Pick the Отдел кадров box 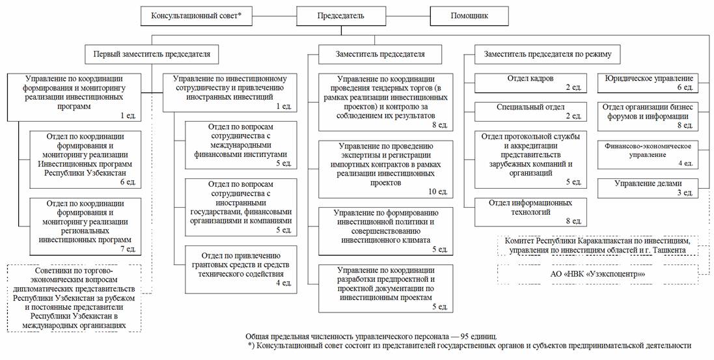530,83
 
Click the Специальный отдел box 530,111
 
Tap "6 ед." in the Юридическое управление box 683,87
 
